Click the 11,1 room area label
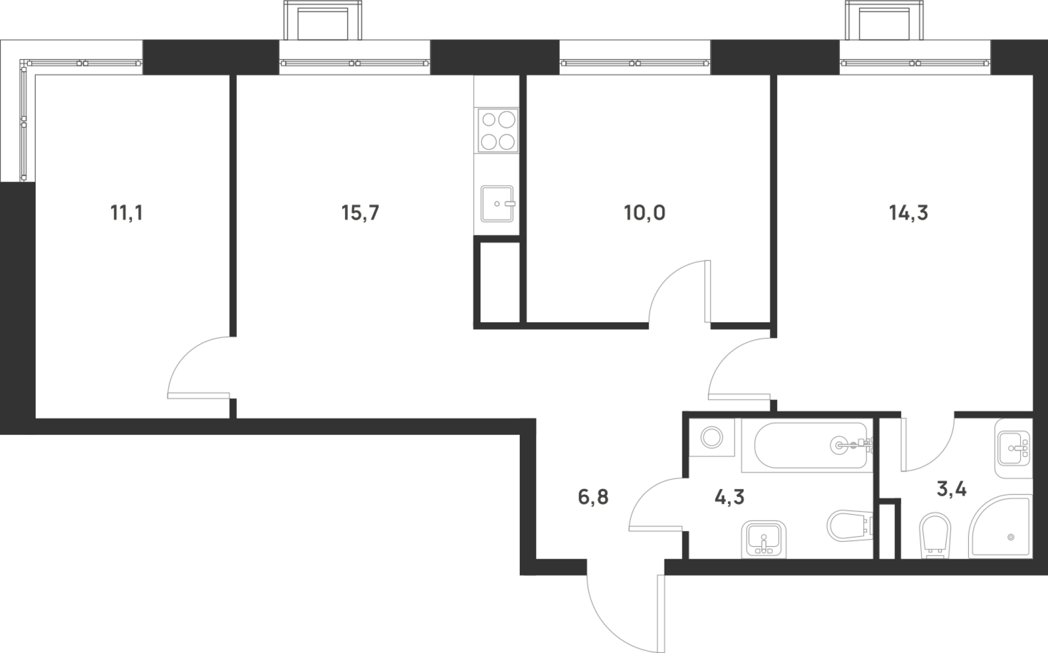pos(126,214)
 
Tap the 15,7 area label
pos(360,213)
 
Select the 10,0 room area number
pos(645,213)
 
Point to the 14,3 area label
pos(909,213)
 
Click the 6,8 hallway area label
pos(593,497)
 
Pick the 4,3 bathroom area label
pos(729,497)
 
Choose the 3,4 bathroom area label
pos(952,490)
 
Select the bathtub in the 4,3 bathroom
pos(807,445)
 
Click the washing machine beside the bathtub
pos(712,438)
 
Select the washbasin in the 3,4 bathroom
pos(1013,449)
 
